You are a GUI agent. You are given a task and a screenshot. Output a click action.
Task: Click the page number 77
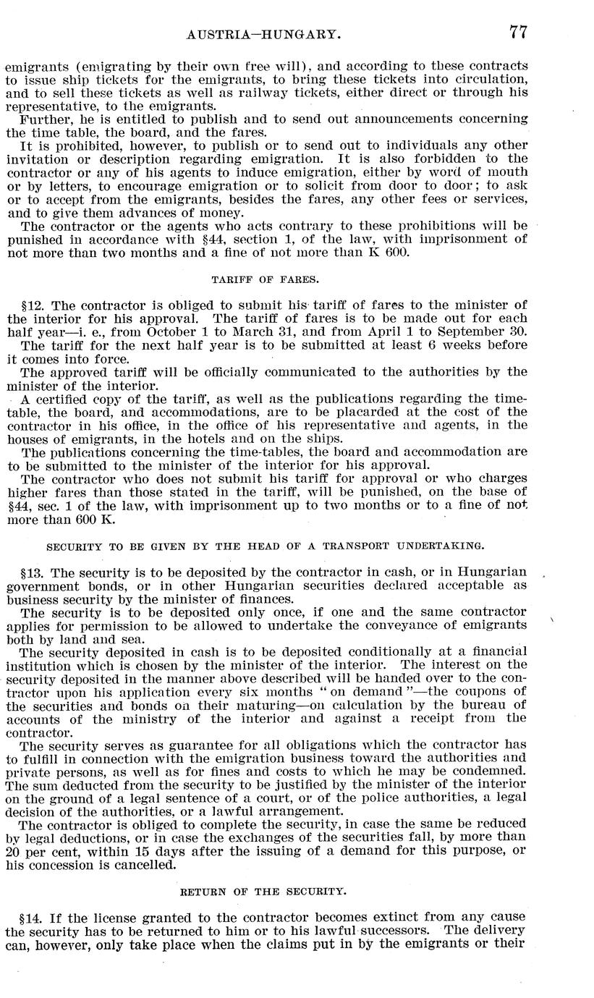coord(517,31)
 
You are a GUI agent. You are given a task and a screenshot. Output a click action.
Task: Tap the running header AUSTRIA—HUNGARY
coord(263,33)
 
